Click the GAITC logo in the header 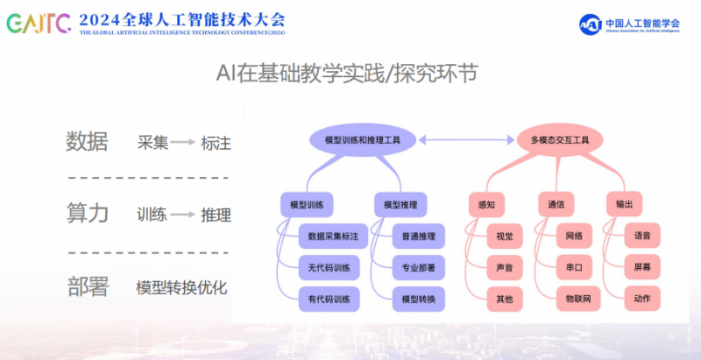pos(39,24)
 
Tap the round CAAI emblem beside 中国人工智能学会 pos(590,25)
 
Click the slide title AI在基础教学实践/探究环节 pos(347,74)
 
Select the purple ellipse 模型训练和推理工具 pos(363,140)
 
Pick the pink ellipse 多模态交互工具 pos(560,140)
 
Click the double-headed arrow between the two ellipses pos(467,140)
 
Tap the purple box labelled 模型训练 pos(307,205)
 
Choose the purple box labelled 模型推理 pos(400,205)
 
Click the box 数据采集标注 pos(333,236)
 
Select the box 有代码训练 pos(329,299)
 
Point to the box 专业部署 pos(419,267)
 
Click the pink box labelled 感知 pos(487,205)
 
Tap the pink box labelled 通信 pos(556,205)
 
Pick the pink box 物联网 pos(578,299)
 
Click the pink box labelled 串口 pos(574,267)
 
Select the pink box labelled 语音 pos(642,236)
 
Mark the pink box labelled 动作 pos(642,299)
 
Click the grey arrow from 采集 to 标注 pos(183,143)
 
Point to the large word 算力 pos(87,213)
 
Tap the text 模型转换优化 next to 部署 pos(181,287)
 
